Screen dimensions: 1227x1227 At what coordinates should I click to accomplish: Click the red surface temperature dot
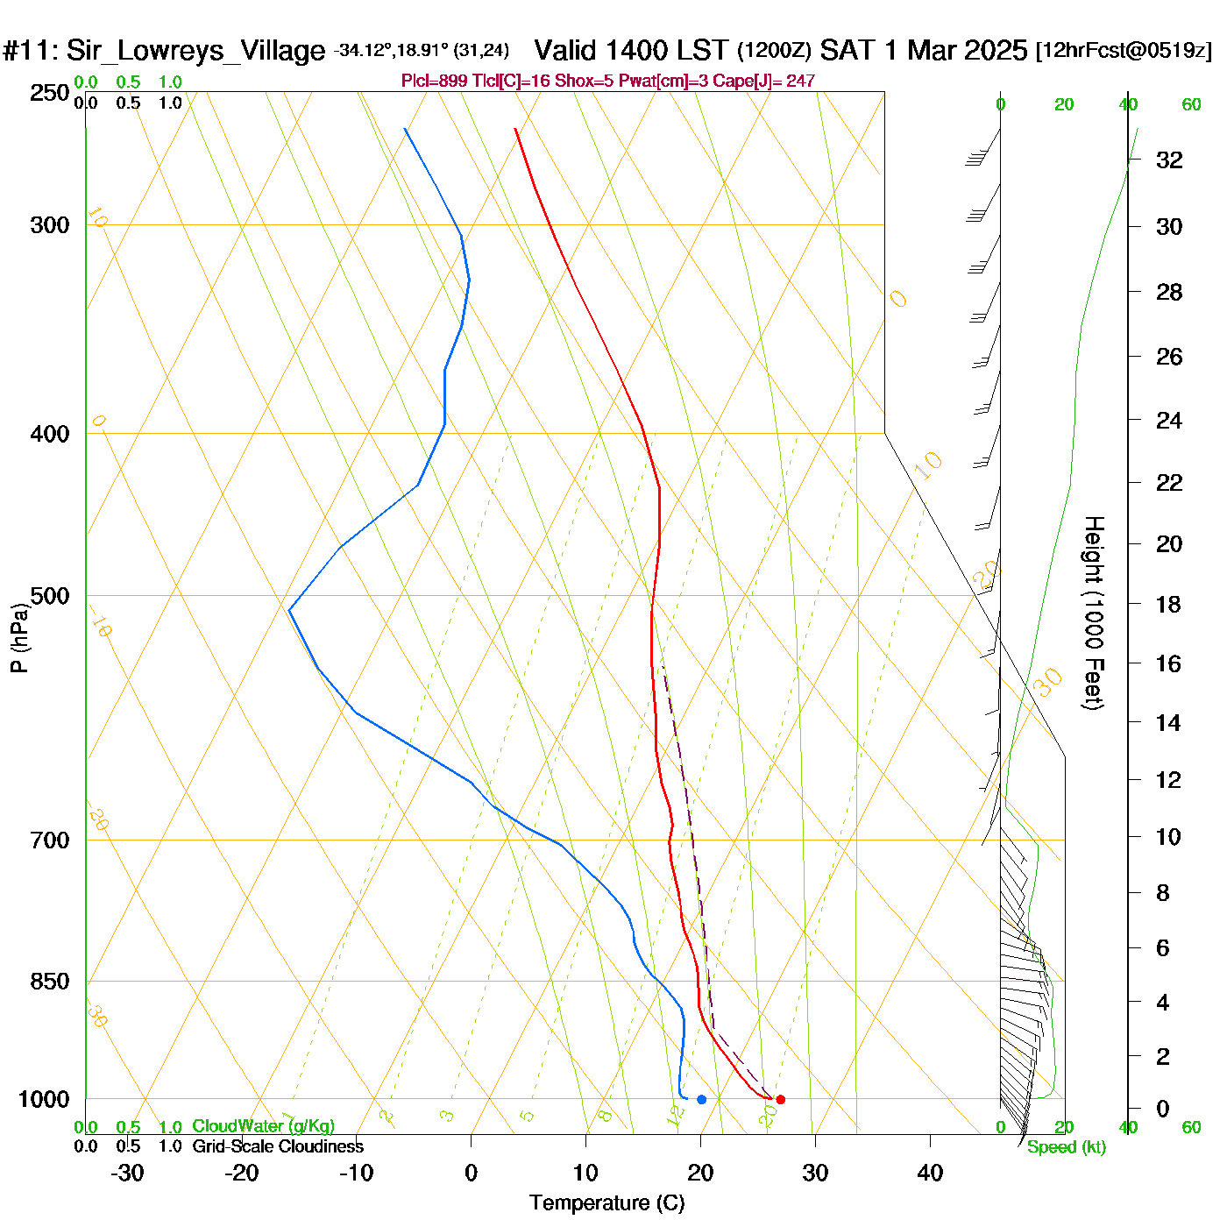781,1099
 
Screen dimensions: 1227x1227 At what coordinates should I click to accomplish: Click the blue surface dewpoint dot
701,1099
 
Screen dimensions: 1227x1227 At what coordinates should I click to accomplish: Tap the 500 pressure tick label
50,596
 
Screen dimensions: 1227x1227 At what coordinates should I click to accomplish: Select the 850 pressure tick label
50,981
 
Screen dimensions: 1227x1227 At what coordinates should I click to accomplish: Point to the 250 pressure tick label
50,92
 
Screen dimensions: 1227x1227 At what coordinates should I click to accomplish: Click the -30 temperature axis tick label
127,1173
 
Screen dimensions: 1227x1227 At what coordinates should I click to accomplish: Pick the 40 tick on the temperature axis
930,1173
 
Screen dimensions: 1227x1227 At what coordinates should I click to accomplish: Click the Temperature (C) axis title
606,1203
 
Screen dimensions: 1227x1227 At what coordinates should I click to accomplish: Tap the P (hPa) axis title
18,637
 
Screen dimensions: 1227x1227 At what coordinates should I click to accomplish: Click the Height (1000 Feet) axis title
1094,613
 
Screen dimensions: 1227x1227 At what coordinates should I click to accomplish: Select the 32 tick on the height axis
1169,160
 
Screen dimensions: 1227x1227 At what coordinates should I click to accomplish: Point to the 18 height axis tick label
1168,604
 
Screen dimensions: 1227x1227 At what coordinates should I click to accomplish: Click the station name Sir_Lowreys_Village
195,51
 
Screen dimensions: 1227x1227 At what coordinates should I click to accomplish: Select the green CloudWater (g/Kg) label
263,1126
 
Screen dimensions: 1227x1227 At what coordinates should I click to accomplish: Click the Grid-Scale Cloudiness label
278,1146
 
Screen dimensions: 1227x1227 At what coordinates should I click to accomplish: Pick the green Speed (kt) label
1066,1147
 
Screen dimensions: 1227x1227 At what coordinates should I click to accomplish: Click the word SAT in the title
848,50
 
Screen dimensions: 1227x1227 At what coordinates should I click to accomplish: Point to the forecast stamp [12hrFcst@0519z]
1124,51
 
